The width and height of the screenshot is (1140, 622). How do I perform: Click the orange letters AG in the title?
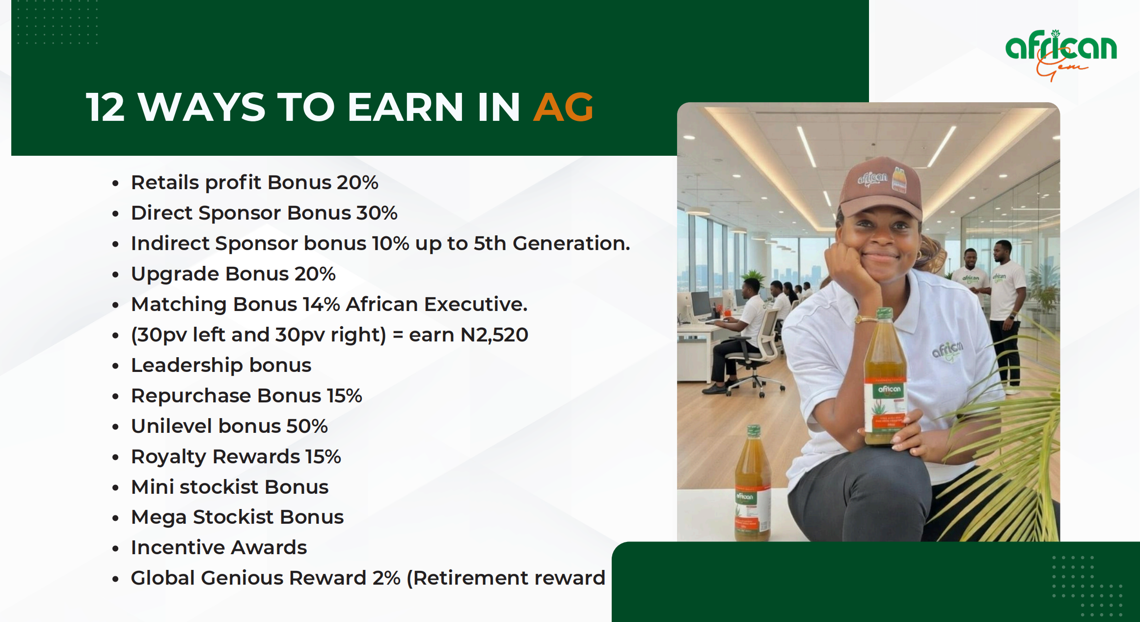pos(564,107)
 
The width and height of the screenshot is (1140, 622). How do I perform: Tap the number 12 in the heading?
pos(105,107)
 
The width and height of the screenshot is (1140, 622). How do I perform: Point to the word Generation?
pos(571,243)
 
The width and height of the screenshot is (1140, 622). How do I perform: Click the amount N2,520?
pos(494,335)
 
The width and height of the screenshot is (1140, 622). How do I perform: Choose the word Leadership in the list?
pos(187,366)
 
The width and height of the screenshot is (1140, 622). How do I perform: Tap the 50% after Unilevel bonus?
pos(307,426)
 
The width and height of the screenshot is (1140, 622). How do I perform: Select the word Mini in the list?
pos(152,487)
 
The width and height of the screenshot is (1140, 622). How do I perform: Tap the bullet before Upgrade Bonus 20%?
pos(115,275)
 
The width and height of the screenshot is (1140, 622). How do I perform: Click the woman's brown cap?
pos(881,187)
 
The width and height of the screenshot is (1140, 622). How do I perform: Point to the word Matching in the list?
pos(179,305)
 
